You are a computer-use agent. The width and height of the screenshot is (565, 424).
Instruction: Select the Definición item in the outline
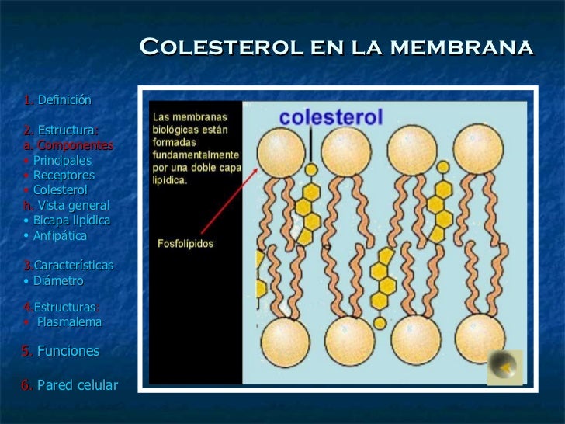tap(64, 100)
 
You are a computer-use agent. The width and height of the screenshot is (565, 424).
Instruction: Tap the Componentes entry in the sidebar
tap(75, 145)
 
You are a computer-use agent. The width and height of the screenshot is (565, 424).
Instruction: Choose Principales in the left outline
tap(62, 160)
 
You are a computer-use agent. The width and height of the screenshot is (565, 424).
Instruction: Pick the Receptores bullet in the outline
tap(64, 176)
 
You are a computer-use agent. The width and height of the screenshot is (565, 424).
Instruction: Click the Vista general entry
tap(74, 206)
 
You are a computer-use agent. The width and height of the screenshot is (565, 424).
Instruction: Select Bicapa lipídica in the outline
tap(71, 221)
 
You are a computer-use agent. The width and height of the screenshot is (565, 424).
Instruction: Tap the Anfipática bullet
tap(60, 235)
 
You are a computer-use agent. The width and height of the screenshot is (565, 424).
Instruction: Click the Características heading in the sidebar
tap(73, 266)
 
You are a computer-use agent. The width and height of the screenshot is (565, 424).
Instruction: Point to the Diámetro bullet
tap(57, 280)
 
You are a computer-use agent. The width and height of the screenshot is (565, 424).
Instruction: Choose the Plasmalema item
tap(69, 321)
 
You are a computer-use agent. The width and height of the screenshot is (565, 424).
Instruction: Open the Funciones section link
tap(68, 351)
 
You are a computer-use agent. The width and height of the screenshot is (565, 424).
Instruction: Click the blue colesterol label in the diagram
tap(331, 117)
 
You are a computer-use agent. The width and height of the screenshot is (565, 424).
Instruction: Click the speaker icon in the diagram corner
tap(504, 367)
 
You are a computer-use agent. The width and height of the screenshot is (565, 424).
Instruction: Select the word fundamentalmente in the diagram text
tap(196, 155)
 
